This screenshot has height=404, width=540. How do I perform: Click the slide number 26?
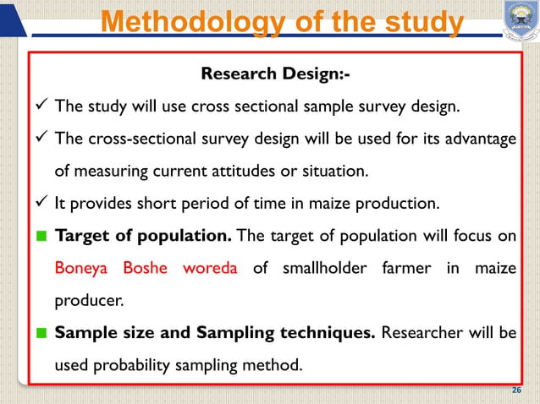pyautogui.click(x=518, y=390)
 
